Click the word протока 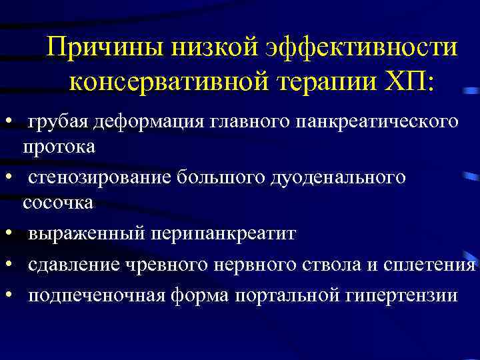pos(59,147)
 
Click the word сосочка pos(58,202)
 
